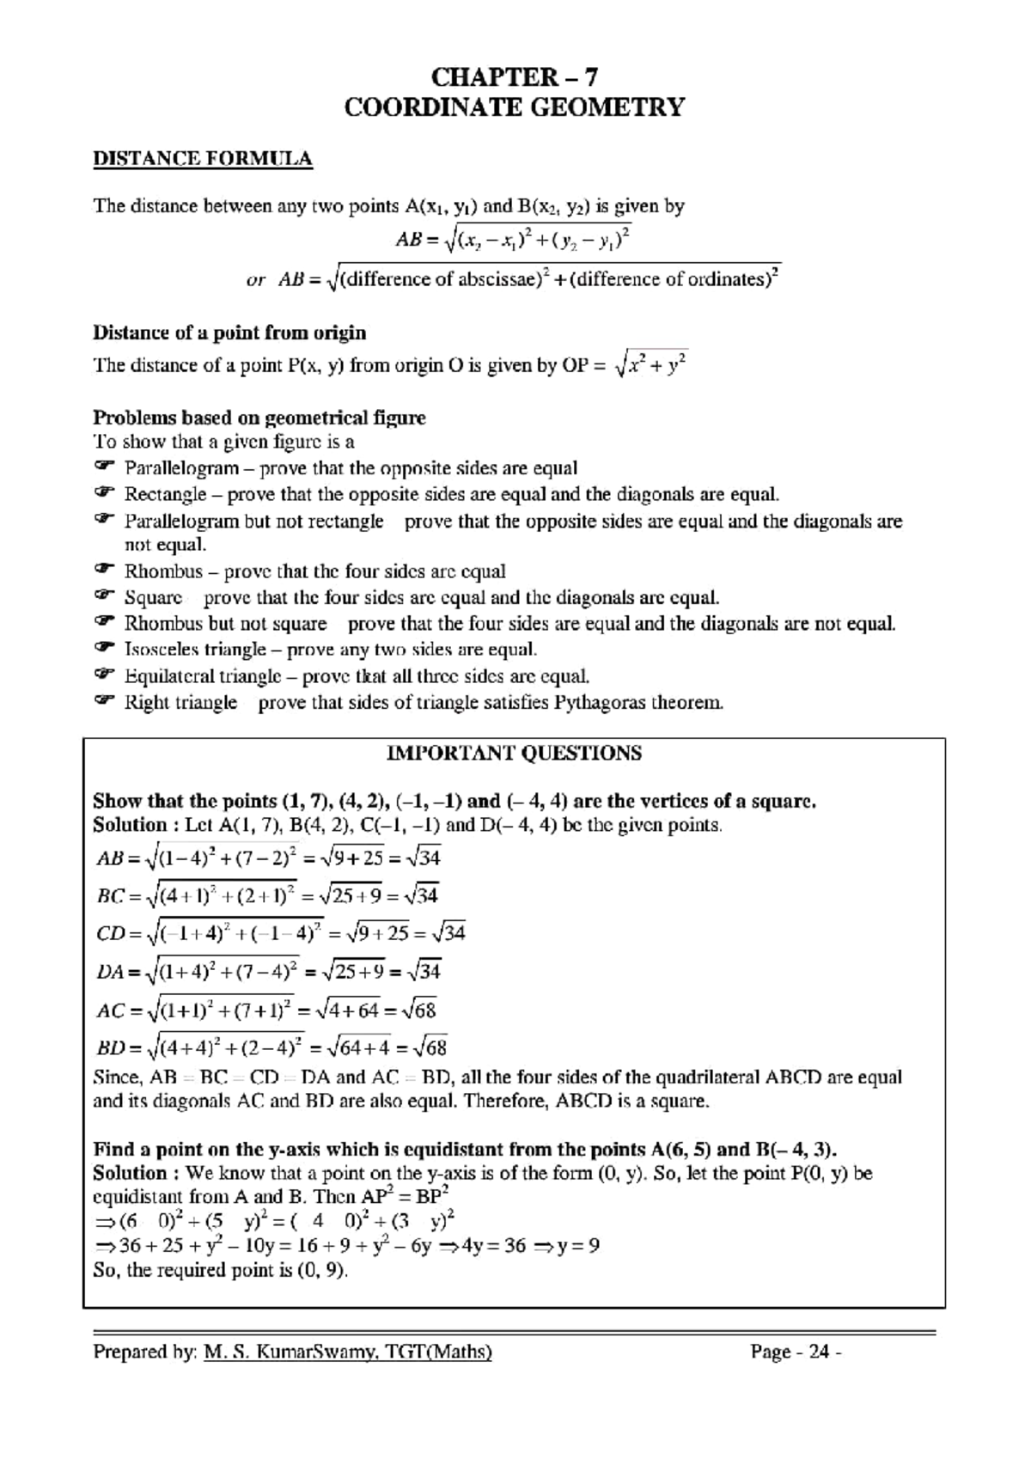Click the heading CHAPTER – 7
click(514, 77)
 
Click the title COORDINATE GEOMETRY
click(514, 107)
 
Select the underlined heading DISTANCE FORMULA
click(202, 159)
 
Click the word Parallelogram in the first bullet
click(181, 468)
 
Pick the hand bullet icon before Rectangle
click(103, 493)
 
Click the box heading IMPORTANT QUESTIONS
click(514, 754)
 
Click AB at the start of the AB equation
click(110, 858)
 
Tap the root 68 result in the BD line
click(430, 1048)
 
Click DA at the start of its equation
click(110, 972)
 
